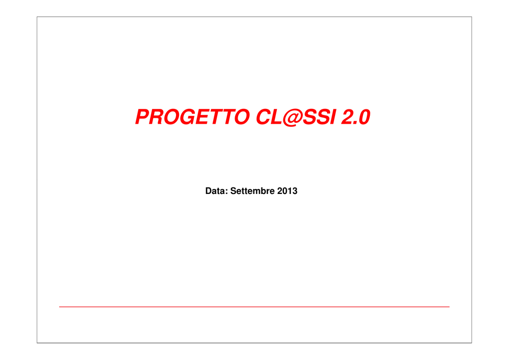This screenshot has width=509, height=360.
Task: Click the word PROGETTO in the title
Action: (x=192, y=116)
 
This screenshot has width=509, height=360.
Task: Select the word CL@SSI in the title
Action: (x=296, y=116)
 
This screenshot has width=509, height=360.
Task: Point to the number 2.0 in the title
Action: (x=355, y=117)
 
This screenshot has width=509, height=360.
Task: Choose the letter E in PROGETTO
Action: (x=203, y=116)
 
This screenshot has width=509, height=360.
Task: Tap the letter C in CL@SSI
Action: (x=264, y=116)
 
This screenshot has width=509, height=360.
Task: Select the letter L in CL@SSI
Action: (x=276, y=116)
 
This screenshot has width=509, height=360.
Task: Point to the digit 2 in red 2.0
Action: (x=348, y=116)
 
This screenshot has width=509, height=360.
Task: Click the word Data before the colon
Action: (x=215, y=191)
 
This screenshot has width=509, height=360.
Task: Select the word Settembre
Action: (x=252, y=191)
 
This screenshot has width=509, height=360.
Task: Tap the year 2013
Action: (x=287, y=191)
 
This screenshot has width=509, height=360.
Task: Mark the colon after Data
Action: (x=226, y=192)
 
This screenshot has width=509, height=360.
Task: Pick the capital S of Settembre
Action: (x=233, y=191)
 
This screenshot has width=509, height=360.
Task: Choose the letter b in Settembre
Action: (x=263, y=191)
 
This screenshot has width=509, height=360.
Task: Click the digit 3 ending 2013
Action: (x=295, y=191)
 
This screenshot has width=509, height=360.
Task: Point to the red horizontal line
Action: (x=254, y=306)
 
